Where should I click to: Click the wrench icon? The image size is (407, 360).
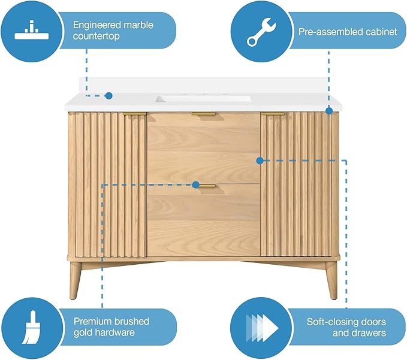click(261, 32)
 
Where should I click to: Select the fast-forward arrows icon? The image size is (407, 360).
click(262, 328)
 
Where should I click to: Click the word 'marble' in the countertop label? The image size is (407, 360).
click(138, 25)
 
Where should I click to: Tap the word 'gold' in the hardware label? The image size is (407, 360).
click(83, 332)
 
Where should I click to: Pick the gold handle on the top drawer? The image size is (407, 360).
click(203, 114)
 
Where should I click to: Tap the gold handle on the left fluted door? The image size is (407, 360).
click(134, 114)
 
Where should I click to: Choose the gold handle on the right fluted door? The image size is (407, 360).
click(273, 114)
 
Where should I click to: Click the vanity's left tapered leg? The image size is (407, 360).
click(75, 281)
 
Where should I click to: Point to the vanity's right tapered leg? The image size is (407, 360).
click(331, 281)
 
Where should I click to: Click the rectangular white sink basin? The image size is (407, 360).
click(203, 99)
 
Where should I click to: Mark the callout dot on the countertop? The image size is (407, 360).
click(108, 96)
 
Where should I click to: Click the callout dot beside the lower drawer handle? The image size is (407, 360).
click(196, 184)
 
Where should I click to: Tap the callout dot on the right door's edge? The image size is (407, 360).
click(260, 161)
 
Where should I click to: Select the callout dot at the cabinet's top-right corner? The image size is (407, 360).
click(329, 111)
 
